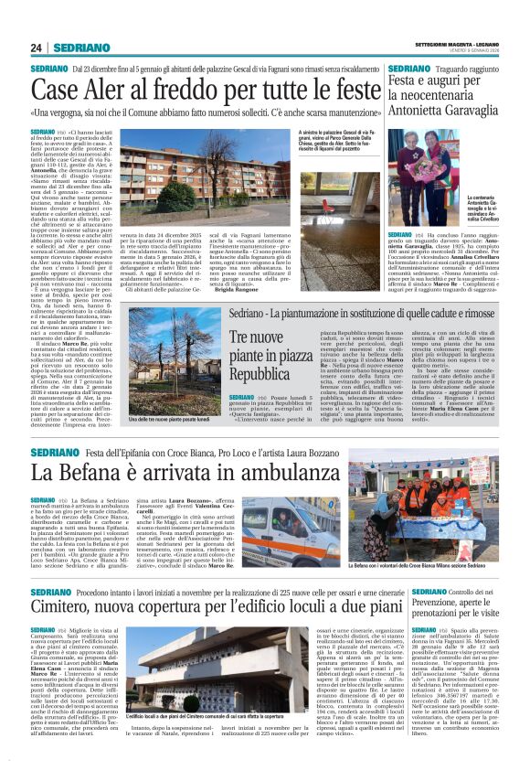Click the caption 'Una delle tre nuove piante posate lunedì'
175,419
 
